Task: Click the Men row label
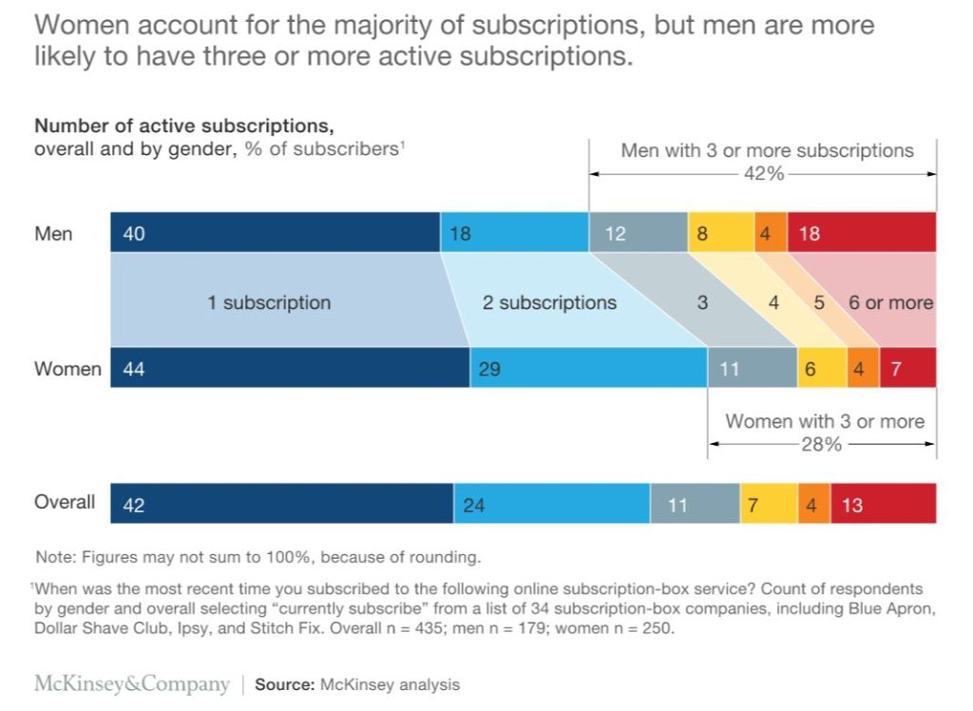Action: [53, 233]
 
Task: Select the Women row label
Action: [67, 369]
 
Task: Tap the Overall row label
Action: [65, 502]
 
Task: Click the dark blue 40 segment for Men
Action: [276, 233]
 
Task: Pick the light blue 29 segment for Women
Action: [588, 368]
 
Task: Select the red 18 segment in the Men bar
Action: [861, 233]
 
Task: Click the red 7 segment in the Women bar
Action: [907, 368]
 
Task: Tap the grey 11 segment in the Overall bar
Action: [695, 504]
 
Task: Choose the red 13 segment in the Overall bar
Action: [883, 504]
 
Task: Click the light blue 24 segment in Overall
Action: [551, 504]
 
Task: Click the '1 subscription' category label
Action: [269, 303]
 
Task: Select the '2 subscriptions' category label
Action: [549, 303]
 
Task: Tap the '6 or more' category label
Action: [890, 303]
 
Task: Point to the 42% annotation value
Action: [763, 173]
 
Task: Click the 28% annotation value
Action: [820, 444]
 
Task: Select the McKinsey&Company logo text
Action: [132, 684]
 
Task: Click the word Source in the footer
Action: [284, 684]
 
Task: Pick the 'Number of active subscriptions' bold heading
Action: [184, 125]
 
